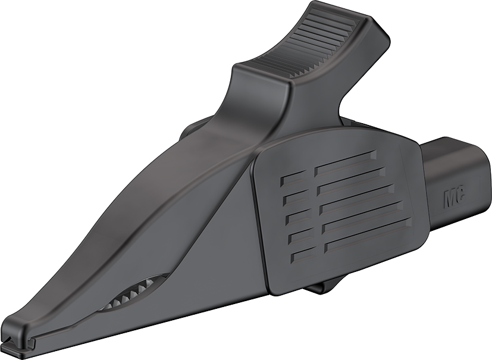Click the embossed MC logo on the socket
tap(455, 198)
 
